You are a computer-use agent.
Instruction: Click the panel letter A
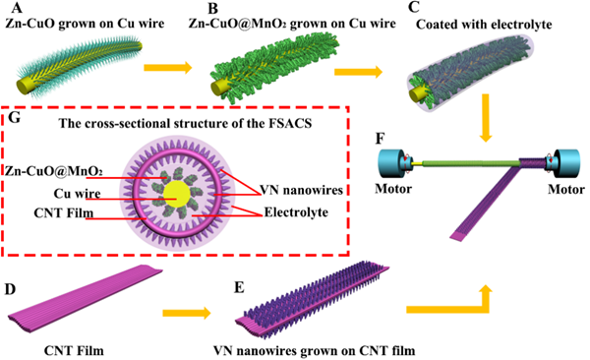coord(17,8)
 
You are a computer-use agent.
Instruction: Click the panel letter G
coord(14,118)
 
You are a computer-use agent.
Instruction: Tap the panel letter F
coord(380,139)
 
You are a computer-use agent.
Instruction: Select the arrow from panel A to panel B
coord(168,68)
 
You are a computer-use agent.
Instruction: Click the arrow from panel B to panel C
coord(358,72)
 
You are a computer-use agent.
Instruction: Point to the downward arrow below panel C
coord(486,118)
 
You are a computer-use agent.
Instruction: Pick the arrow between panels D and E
coord(187,313)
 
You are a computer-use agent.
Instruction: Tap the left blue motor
coord(394,163)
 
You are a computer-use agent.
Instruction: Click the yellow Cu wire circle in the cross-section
coord(176,194)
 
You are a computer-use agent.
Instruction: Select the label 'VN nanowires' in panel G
coord(302,190)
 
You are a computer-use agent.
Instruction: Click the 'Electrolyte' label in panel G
coord(296,212)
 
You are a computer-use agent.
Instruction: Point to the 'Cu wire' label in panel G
coord(77,194)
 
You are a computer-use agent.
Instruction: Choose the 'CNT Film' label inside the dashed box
coord(64,213)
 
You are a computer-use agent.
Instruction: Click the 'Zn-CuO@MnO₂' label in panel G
coord(53,171)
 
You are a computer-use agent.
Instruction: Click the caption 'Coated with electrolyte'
coord(484,25)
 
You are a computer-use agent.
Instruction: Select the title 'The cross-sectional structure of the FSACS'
coord(185,124)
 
